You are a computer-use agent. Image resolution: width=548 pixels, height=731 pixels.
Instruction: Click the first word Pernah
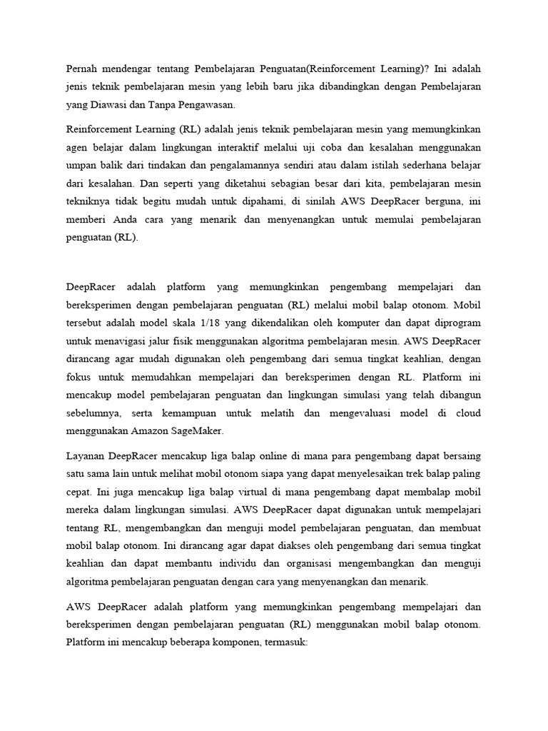pyautogui.click(x=82, y=70)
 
